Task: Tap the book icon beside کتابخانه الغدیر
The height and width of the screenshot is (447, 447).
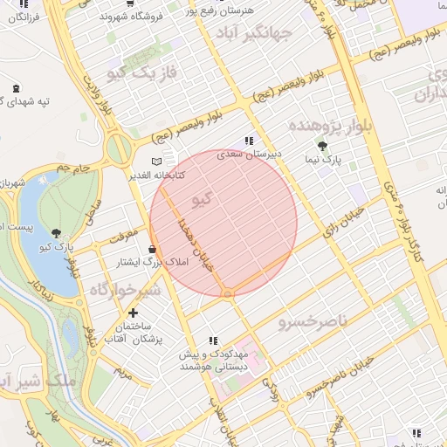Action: pos(157,162)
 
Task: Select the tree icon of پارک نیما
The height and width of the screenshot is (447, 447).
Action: pos(322,147)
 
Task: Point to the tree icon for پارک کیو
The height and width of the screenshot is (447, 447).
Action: pos(57,233)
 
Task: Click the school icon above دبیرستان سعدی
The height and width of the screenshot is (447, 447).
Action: pos(249,140)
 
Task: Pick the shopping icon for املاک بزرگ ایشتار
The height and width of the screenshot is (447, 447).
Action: pos(153,249)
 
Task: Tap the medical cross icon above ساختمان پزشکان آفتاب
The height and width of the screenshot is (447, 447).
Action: pos(133,312)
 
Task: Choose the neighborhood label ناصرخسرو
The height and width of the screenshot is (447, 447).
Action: pos(313,322)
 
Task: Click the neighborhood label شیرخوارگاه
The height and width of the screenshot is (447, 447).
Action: pos(126,289)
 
